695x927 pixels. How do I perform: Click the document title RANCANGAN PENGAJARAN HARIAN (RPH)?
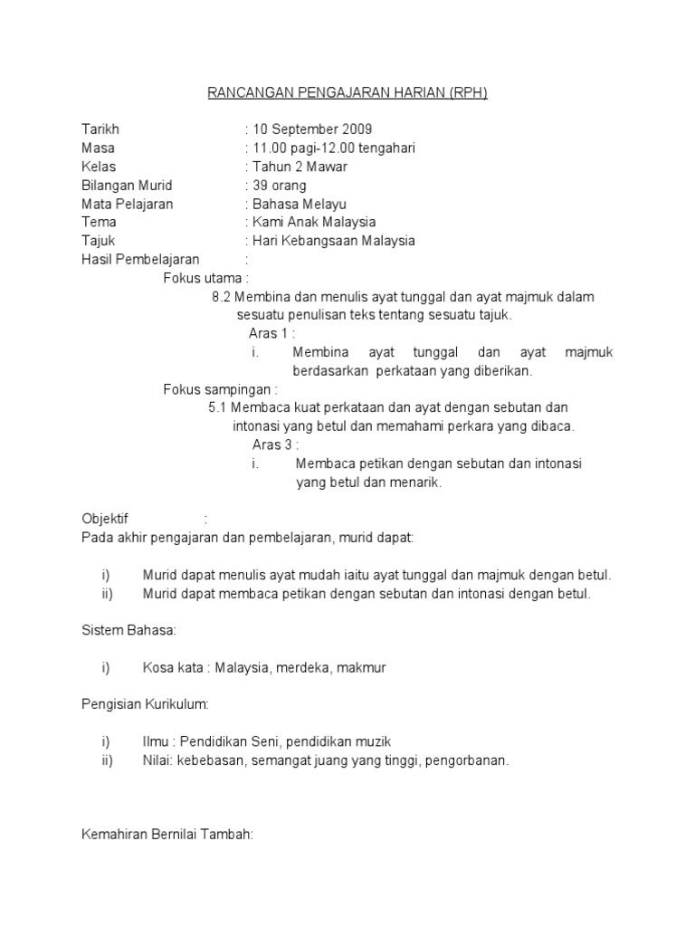[347, 93]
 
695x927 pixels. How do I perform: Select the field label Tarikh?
[100, 129]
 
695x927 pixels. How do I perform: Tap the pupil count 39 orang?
[280, 186]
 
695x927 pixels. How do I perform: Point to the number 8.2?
[223, 297]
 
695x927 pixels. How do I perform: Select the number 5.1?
[219, 408]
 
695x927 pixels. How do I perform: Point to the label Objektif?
[105, 519]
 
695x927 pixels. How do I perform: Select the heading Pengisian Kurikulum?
[145, 703]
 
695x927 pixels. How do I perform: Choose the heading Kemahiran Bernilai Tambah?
[167, 835]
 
